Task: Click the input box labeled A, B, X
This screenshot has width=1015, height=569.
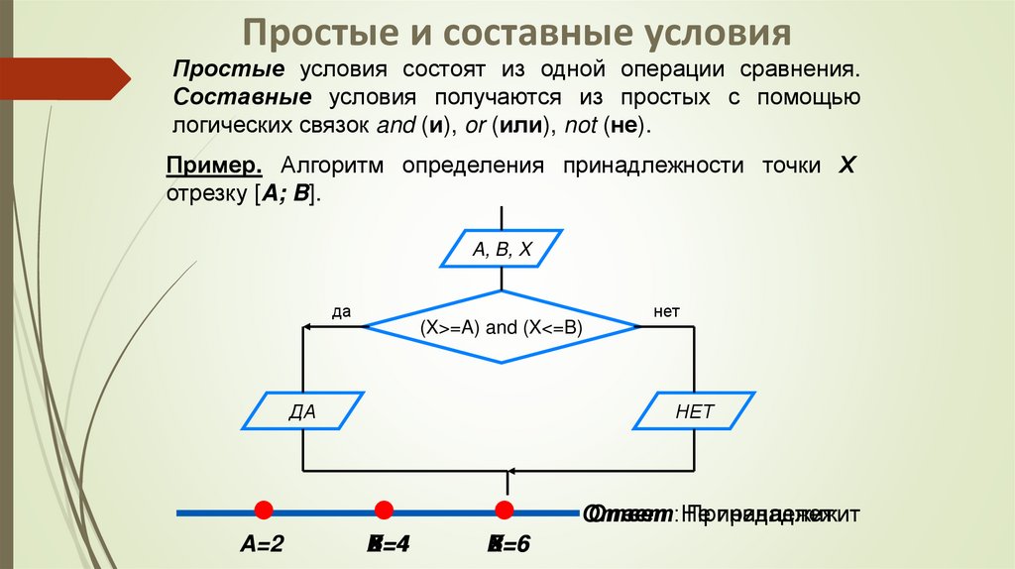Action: pos(502,250)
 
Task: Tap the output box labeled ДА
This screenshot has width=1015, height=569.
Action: pos(302,411)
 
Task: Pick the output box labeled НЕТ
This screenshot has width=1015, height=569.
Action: pos(694,411)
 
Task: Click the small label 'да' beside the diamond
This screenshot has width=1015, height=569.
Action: pos(342,311)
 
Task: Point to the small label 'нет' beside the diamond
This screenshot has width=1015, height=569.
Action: pos(666,311)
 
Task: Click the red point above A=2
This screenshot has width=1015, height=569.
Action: pos(264,511)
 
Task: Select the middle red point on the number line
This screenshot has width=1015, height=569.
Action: pos(384,511)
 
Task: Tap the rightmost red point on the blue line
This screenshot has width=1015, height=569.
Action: pos(504,511)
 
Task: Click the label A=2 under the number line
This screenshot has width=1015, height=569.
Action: pos(262,544)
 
